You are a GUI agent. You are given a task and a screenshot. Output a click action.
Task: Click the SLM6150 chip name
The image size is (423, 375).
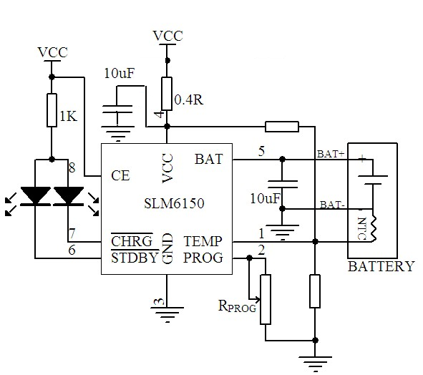coord(174,203)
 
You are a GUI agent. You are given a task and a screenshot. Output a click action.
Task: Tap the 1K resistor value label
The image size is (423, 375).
coord(68,116)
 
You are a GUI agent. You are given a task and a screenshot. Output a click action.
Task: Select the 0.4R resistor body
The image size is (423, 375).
coord(167,94)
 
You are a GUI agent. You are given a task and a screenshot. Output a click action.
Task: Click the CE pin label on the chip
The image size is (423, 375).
coord(120,175)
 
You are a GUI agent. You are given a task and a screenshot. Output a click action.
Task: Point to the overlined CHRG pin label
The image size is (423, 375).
coord(132,240)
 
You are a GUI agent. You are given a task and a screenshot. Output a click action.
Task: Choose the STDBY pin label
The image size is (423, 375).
coord(135,258)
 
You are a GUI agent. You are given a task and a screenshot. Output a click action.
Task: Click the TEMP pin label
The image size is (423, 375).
coord(203,241)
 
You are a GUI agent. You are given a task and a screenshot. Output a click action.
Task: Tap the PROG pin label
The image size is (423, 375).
coord(203,258)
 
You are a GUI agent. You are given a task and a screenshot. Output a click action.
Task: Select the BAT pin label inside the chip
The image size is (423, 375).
coord(209,159)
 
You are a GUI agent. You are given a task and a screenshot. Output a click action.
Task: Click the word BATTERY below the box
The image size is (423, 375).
coord(381,266)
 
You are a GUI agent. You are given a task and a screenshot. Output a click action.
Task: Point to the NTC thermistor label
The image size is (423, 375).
coord(361,228)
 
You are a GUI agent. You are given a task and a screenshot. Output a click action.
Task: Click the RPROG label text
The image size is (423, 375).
coord(237,306)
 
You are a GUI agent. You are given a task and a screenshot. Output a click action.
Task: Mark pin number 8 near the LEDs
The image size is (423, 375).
coord(72,167)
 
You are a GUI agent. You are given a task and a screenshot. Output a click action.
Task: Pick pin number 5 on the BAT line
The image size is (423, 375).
coord(261,151)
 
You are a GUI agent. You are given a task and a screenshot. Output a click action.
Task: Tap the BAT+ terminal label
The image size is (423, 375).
coord(331,154)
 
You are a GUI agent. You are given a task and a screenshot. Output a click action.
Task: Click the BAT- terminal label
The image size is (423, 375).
coord(332,205)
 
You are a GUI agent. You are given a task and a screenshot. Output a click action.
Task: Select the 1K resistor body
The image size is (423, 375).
coord(52,110)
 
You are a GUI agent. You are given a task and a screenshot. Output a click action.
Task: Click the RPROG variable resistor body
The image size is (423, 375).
coord(266,299)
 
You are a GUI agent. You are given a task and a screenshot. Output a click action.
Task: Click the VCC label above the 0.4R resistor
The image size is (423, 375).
coord(167,36)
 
